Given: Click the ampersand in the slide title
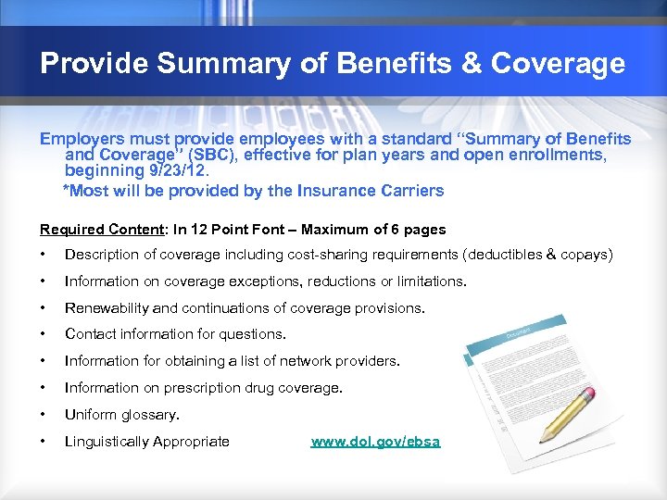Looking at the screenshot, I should click(x=470, y=64).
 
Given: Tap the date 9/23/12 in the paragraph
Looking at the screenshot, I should click(x=182, y=172).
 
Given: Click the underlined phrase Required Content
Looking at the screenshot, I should click(x=92, y=229).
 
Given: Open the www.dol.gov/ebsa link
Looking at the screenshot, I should click(x=376, y=442).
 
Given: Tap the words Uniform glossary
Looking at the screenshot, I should click(x=122, y=415).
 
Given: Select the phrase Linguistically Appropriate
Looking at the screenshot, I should click(x=147, y=442).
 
